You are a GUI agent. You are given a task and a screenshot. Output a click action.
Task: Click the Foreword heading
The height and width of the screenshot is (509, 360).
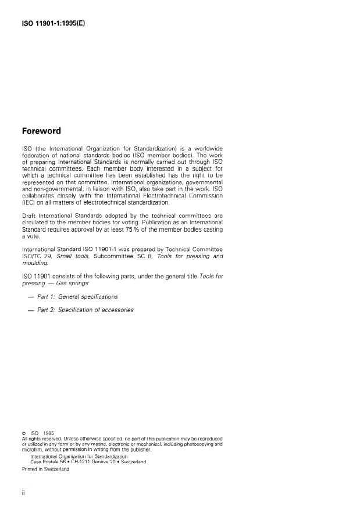click(x=45, y=131)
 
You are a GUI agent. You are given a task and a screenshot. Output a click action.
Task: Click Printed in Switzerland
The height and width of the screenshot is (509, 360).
click(x=45, y=469)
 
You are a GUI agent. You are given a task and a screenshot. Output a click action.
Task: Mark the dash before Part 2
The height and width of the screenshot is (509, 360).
click(x=30, y=310)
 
